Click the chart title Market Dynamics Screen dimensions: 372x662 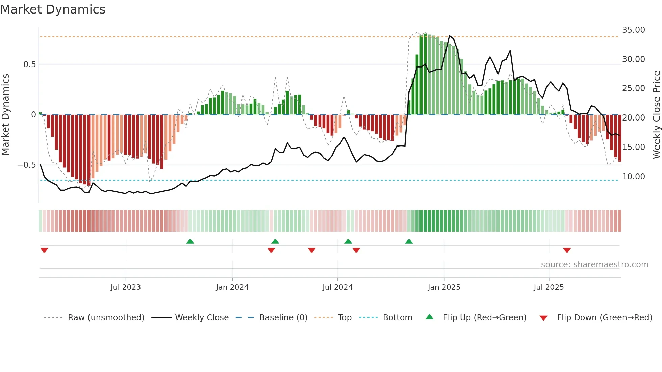click(x=53, y=9)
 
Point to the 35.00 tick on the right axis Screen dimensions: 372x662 click(x=633, y=30)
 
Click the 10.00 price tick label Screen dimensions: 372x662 click(x=633, y=177)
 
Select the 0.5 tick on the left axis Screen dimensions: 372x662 click(x=29, y=64)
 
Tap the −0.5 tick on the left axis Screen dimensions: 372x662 click(x=27, y=165)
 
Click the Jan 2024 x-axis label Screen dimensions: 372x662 click(x=232, y=287)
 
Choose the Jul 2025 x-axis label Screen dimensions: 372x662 click(x=549, y=287)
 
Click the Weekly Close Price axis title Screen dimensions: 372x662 click(x=656, y=114)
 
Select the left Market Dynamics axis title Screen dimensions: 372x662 click(x=5, y=114)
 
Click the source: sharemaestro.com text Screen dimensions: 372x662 click(x=594, y=265)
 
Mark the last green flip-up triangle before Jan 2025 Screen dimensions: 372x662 click(x=409, y=242)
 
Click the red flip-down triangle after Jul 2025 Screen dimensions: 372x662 click(x=567, y=250)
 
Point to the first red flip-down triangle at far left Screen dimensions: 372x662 click(x=44, y=250)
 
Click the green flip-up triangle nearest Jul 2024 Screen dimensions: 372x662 click(x=348, y=242)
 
